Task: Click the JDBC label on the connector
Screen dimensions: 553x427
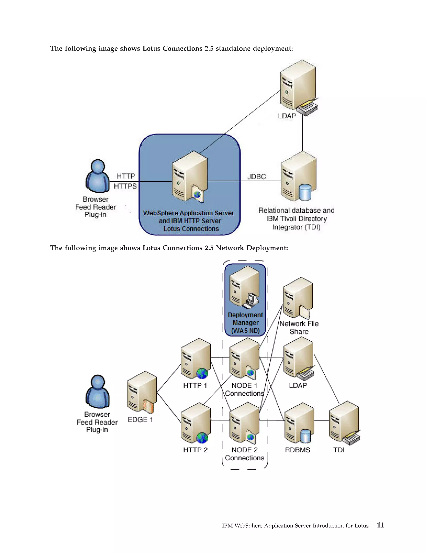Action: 256,177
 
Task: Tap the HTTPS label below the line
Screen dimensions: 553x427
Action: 125,186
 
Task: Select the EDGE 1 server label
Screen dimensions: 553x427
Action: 140,420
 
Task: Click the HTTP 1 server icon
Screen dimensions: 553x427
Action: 196,358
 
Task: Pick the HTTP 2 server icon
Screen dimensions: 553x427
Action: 196,423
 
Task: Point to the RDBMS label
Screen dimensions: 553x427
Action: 298,450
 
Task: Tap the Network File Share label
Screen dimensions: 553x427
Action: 299,327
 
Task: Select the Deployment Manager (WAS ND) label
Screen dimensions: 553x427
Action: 245,323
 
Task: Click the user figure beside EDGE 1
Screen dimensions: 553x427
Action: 97,392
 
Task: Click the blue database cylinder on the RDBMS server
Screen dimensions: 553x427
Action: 305,436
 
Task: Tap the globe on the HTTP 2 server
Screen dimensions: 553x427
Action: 202,438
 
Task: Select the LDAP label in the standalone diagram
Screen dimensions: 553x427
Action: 287,116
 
